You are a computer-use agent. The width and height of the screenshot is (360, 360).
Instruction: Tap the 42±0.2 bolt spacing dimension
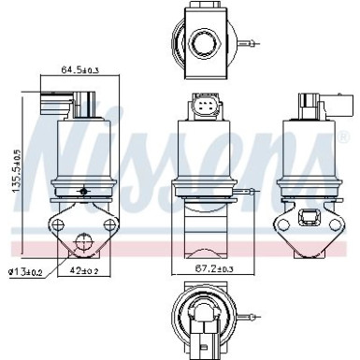(85, 273)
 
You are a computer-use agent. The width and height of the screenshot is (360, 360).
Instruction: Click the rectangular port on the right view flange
(309, 221)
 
